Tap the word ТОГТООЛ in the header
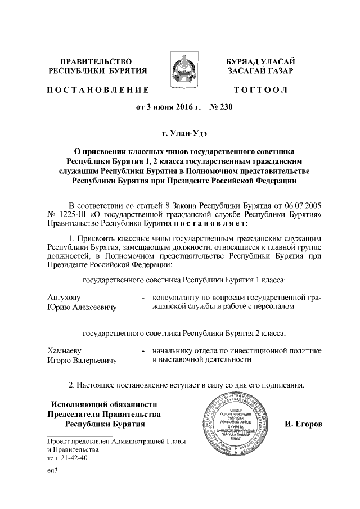pos(260,89)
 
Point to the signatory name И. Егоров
pos(301,423)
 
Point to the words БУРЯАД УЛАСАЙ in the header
pos(260,61)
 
